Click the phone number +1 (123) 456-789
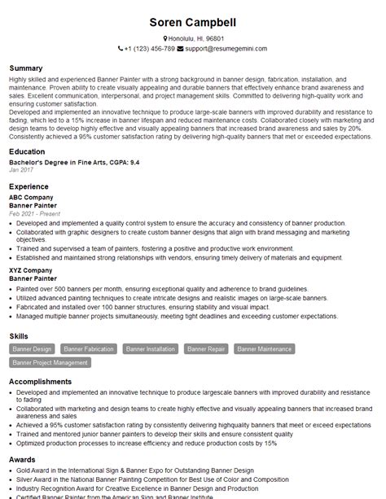click(x=150, y=49)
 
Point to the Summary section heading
click(x=27, y=68)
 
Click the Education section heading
click(x=29, y=151)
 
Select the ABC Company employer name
click(x=32, y=197)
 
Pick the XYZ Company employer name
click(x=32, y=269)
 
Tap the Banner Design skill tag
click(x=33, y=349)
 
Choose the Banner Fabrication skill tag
click(x=88, y=349)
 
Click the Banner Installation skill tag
click(x=150, y=349)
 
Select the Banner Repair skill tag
click(x=205, y=349)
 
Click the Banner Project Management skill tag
click(x=50, y=362)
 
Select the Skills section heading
click(x=20, y=335)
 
